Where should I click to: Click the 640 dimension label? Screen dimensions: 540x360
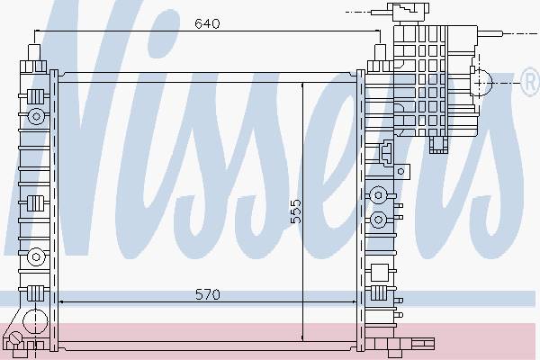(207, 23)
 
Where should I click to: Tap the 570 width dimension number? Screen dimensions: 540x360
(207, 294)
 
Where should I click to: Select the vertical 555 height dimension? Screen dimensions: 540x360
(295, 211)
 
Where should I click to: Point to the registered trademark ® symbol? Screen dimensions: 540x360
(531, 82)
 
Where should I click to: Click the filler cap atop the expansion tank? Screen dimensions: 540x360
(409, 13)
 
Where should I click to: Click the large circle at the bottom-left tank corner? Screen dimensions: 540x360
(35, 321)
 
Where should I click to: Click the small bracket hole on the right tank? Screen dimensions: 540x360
(400, 171)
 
